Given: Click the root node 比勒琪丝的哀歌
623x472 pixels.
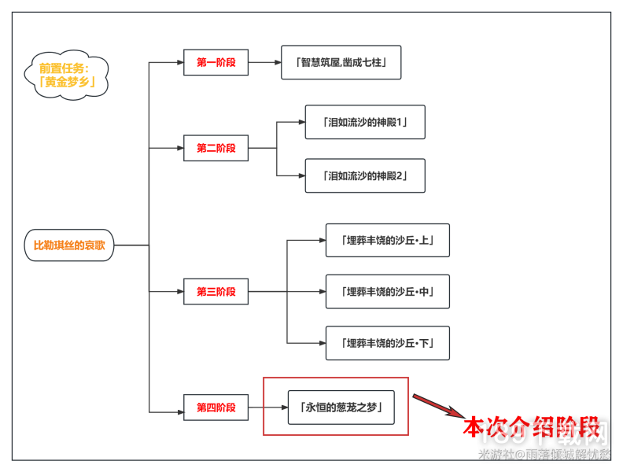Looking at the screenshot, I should [69, 245].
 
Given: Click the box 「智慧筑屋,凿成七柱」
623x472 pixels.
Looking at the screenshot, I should [341, 62].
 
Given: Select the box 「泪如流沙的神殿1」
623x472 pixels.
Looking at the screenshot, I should [365, 122].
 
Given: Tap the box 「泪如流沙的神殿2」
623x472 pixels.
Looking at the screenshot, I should [365, 175].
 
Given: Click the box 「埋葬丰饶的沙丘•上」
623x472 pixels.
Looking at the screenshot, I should [387, 240].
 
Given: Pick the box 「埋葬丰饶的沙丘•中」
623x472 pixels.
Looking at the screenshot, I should [387, 292].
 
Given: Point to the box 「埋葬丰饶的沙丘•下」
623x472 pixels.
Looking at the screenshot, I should [387, 343].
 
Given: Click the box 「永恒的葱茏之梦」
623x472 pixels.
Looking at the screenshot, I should [341, 407].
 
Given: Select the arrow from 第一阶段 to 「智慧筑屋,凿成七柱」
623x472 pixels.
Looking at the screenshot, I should [264, 62].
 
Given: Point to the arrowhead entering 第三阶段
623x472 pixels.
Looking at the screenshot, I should [179, 292].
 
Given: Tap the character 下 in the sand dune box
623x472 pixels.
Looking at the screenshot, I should [424, 343].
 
